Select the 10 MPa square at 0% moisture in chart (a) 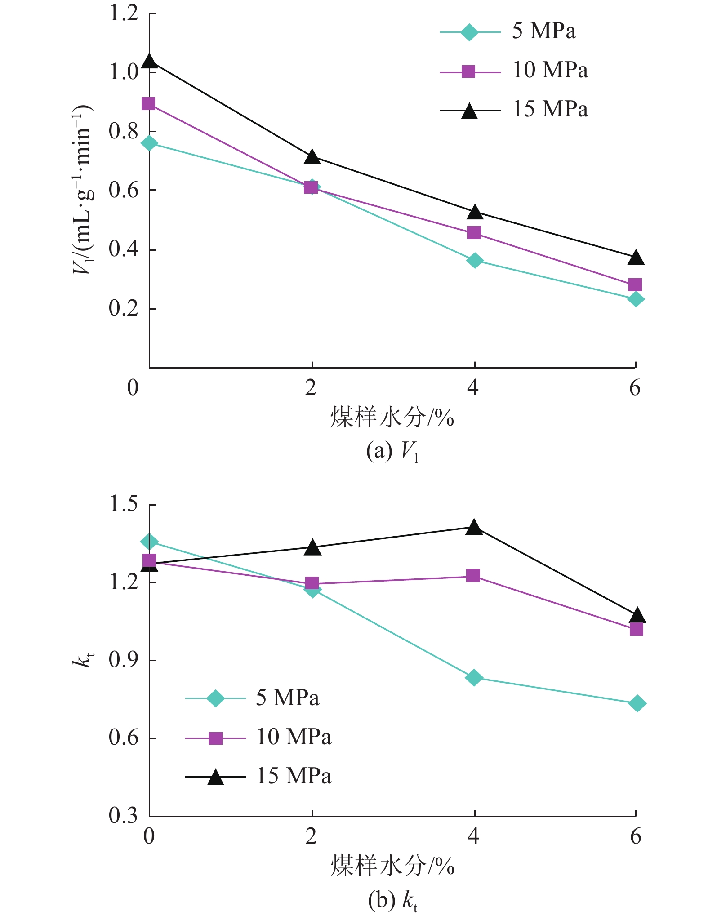click(x=148, y=104)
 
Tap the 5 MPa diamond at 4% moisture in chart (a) click(x=475, y=260)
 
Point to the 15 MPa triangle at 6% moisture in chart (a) click(x=636, y=258)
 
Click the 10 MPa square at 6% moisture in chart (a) click(x=635, y=284)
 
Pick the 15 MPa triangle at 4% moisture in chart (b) click(x=474, y=527)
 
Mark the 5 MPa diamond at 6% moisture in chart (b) click(x=637, y=703)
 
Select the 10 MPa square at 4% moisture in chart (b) click(x=473, y=576)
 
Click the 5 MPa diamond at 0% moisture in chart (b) click(x=149, y=542)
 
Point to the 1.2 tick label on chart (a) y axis click(x=124, y=13)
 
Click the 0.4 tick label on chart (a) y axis click(x=124, y=249)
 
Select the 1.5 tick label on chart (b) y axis click(x=124, y=504)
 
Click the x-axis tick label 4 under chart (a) click(x=473, y=387)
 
